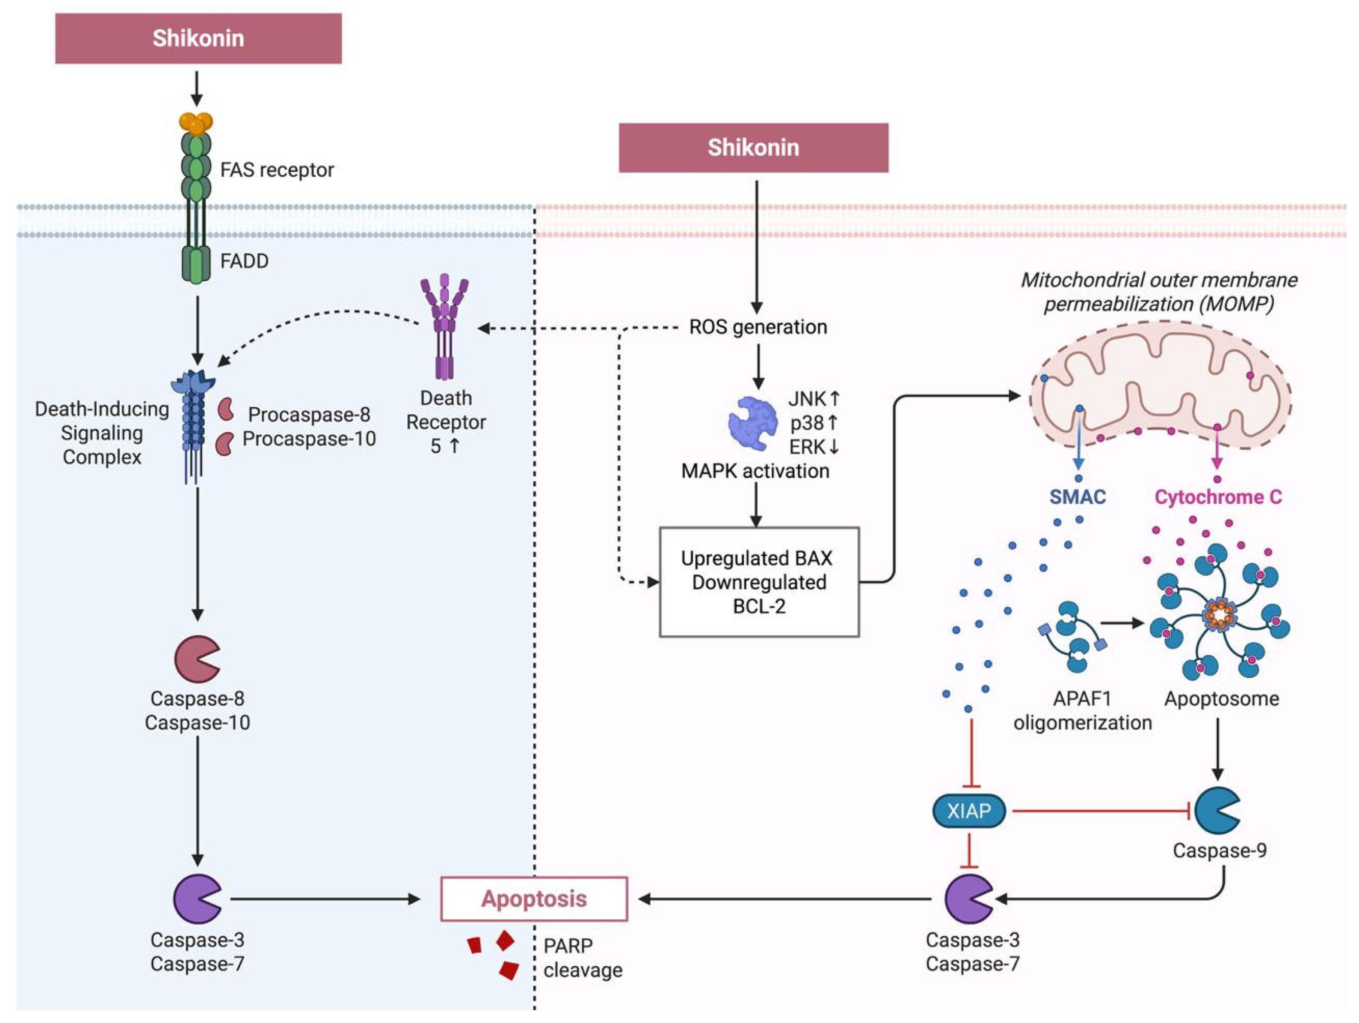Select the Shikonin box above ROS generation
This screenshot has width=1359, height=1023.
[x=753, y=148]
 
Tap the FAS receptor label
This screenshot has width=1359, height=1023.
[x=277, y=169]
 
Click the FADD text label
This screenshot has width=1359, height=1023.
[x=244, y=261]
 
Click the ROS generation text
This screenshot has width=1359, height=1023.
[x=758, y=327]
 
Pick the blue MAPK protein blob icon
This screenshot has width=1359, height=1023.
[x=752, y=423]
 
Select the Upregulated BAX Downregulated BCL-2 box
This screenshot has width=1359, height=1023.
[x=759, y=582]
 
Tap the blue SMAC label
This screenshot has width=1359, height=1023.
[x=1077, y=497]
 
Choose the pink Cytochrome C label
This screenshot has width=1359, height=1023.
[x=1218, y=497]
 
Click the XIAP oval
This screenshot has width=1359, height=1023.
[x=969, y=811]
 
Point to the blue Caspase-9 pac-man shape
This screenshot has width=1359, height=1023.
[x=1216, y=811]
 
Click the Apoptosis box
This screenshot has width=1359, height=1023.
[x=534, y=899]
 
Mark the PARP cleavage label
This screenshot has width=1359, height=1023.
[x=582, y=958]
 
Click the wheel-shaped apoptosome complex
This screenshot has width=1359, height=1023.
[x=1219, y=615]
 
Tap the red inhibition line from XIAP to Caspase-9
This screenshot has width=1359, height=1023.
[x=1100, y=811]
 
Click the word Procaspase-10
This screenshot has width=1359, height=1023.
[x=309, y=439]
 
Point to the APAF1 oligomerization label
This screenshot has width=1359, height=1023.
[x=1082, y=711]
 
